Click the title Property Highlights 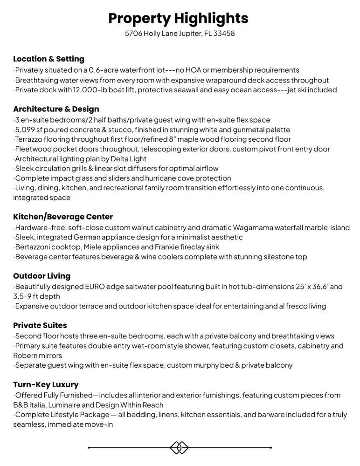pos(179,18)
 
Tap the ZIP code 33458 pos(224,34)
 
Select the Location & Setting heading pos(48,59)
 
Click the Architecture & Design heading pos(56,109)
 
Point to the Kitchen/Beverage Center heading pos(63,217)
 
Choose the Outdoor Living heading pos(42,276)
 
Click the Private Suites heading pos(40,325)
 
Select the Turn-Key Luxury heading pos(46,385)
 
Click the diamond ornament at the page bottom pos(180,448)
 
